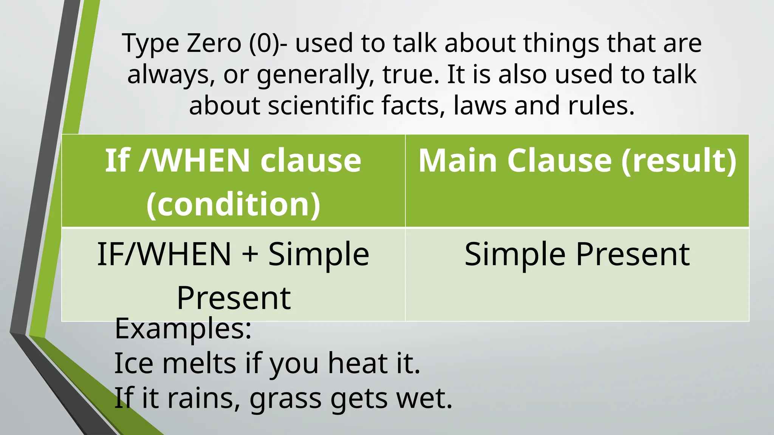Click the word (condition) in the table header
(233, 204)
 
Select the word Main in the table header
(457, 161)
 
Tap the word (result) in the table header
(679, 161)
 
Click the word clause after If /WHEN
(311, 161)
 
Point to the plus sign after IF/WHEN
(250, 254)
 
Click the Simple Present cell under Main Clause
(577, 254)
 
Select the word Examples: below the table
(183, 329)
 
